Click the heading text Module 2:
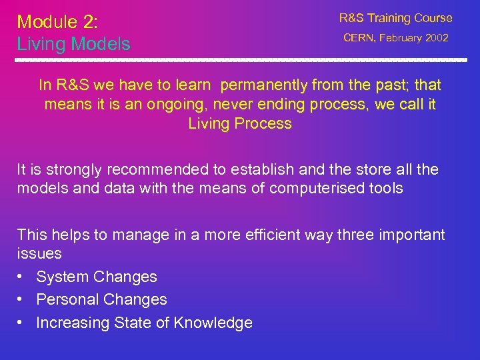click(x=57, y=22)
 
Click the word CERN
click(x=359, y=38)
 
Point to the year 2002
click(x=436, y=38)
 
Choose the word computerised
click(x=312, y=189)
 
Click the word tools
click(x=383, y=189)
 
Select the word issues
click(x=39, y=254)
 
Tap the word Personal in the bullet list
click(x=65, y=300)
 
